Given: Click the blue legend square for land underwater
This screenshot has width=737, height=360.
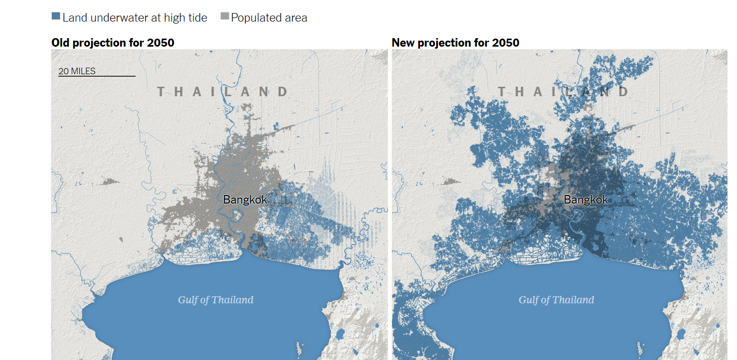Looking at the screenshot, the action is pyautogui.click(x=56, y=16).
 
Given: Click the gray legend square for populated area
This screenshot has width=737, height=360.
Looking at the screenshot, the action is pyautogui.click(x=225, y=16).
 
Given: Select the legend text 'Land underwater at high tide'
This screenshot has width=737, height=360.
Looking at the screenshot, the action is pyautogui.click(x=135, y=18).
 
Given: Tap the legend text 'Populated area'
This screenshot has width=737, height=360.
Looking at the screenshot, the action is pyautogui.click(x=269, y=18).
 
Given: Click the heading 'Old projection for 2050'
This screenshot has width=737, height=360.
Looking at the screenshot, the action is pyautogui.click(x=113, y=43).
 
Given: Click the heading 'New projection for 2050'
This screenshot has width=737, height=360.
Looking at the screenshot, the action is pyautogui.click(x=455, y=43).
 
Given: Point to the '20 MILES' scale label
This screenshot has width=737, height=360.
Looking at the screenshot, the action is pyautogui.click(x=77, y=71).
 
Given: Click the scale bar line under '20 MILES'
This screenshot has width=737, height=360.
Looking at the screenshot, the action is pyautogui.click(x=97, y=76).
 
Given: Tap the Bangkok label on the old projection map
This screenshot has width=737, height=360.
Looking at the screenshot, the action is pyautogui.click(x=245, y=200).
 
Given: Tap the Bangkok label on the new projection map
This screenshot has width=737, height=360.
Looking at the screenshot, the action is pyautogui.click(x=586, y=200).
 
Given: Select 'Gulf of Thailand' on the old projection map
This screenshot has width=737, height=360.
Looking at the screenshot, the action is pyautogui.click(x=216, y=300).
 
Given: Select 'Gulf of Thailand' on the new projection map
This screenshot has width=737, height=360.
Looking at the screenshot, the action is pyautogui.click(x=557, y=300).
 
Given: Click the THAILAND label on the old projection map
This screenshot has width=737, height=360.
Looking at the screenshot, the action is pyautogui.click(x=223, y=92).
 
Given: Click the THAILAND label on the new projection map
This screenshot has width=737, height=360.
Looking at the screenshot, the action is pyautogui.click(x=564, y=92).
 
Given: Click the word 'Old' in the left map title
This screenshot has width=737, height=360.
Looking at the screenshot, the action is pyautogui.click(x=61, y=43).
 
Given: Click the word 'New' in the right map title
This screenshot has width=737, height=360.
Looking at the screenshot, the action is pyautogui.click(x=403, y=43).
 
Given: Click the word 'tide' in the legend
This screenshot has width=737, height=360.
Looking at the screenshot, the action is pyautogui.click(x=198, y=18).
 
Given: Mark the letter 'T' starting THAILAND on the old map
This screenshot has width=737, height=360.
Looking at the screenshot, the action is pyautogui.click(x=161, y=92).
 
